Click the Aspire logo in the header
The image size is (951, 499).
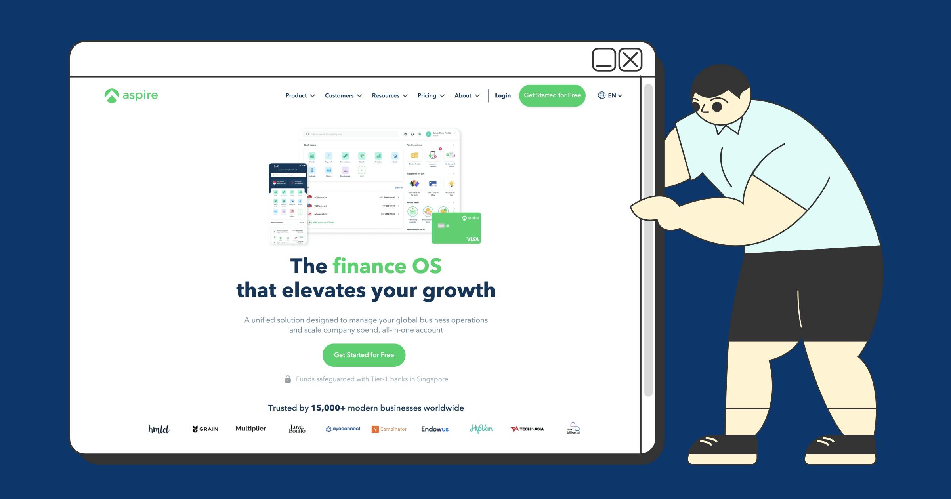coord(131,95)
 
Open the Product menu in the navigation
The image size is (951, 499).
coord(300,96)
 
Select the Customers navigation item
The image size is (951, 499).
coord(343,96)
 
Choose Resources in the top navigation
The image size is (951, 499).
coord(390,96)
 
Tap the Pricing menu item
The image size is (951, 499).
coord(431,96)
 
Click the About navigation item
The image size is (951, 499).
coord(467,96)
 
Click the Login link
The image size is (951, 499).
coord(502,96)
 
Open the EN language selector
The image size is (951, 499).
coord(610,95)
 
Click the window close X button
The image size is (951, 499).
coord(630,60)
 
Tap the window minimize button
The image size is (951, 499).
coord(604,60)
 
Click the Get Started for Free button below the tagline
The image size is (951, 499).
coord(364,355)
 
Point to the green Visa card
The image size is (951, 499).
coord(456,228)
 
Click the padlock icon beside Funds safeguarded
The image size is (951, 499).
coord(288,379)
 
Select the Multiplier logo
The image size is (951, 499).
coord(251,429)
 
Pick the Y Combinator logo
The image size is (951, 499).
coord(389,429)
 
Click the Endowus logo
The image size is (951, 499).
coord(435,429)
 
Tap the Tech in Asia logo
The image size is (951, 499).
coord(527,429)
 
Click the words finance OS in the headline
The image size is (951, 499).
coord(387,266)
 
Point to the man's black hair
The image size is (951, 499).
coord(719,79)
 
